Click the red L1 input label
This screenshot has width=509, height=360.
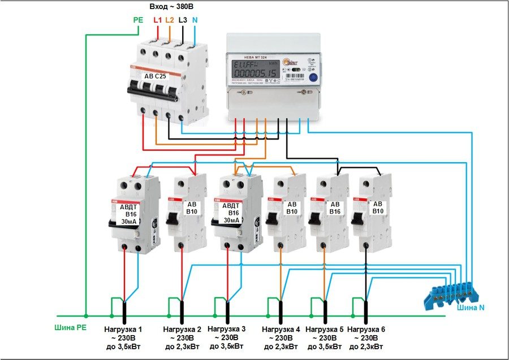158,20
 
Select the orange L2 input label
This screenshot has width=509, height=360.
170,20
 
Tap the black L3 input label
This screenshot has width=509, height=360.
183,20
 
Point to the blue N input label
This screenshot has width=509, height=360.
195,20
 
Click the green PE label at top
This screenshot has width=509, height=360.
138,20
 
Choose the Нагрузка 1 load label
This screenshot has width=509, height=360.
123,329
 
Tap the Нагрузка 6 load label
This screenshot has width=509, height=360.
366,329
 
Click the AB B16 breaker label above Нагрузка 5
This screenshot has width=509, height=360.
335,208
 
